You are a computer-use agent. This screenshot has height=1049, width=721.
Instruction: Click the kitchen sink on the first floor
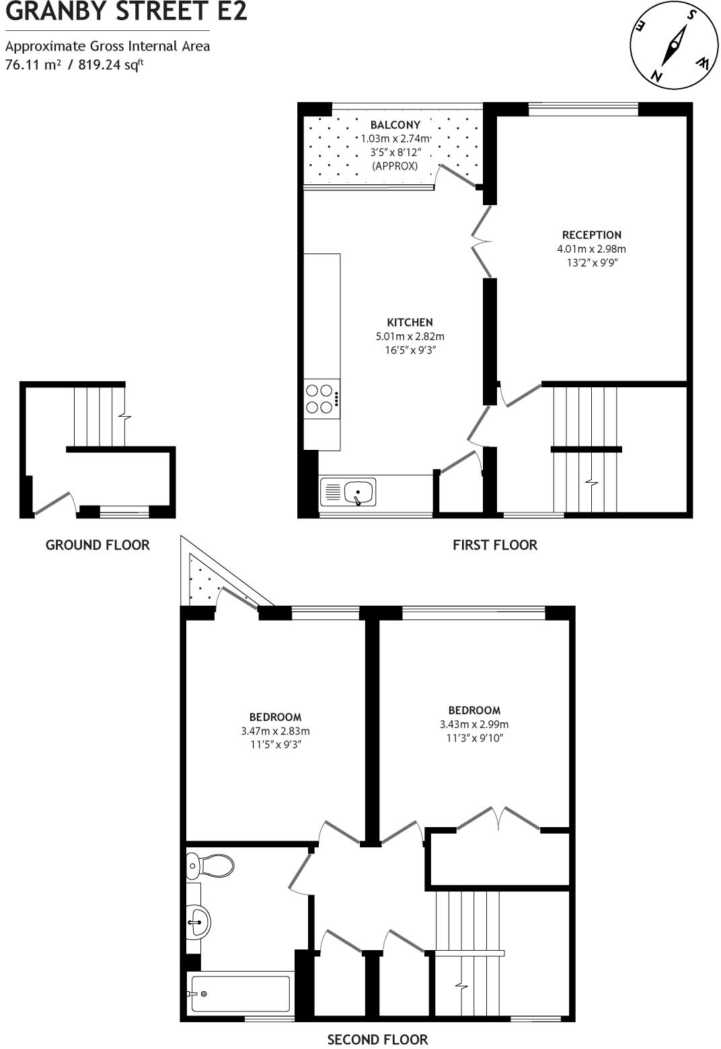tap(348, 492)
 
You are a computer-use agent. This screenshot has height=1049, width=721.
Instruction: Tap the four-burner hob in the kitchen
tap(321, 399)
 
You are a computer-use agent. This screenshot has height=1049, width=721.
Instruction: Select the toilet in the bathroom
tap(210, 865)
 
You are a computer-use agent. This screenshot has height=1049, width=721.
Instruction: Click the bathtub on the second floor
tap(240, 994)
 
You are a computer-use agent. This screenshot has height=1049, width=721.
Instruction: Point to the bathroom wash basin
tap(198, 921)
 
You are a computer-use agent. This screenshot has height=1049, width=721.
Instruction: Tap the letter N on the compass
tap(658, 75)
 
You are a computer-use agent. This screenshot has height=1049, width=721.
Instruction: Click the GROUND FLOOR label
tap(98, 545)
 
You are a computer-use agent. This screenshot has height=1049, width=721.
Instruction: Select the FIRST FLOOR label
tap(495, 545)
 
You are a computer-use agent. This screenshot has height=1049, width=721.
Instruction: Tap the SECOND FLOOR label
tap(377, 1040)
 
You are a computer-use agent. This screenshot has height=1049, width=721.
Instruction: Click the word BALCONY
tap(395, 125)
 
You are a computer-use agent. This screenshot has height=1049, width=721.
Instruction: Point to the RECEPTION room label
tap(592, 235)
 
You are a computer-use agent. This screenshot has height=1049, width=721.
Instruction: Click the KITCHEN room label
tap(410, 322)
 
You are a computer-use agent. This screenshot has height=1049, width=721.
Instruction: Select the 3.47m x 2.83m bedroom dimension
tap(275, 731)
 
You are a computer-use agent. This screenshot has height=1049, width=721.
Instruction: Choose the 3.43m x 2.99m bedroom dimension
tap(474, 724)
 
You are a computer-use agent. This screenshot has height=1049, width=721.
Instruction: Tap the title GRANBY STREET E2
tap(126, 11)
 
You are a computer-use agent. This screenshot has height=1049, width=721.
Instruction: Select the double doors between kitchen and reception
tap(482, 241)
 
